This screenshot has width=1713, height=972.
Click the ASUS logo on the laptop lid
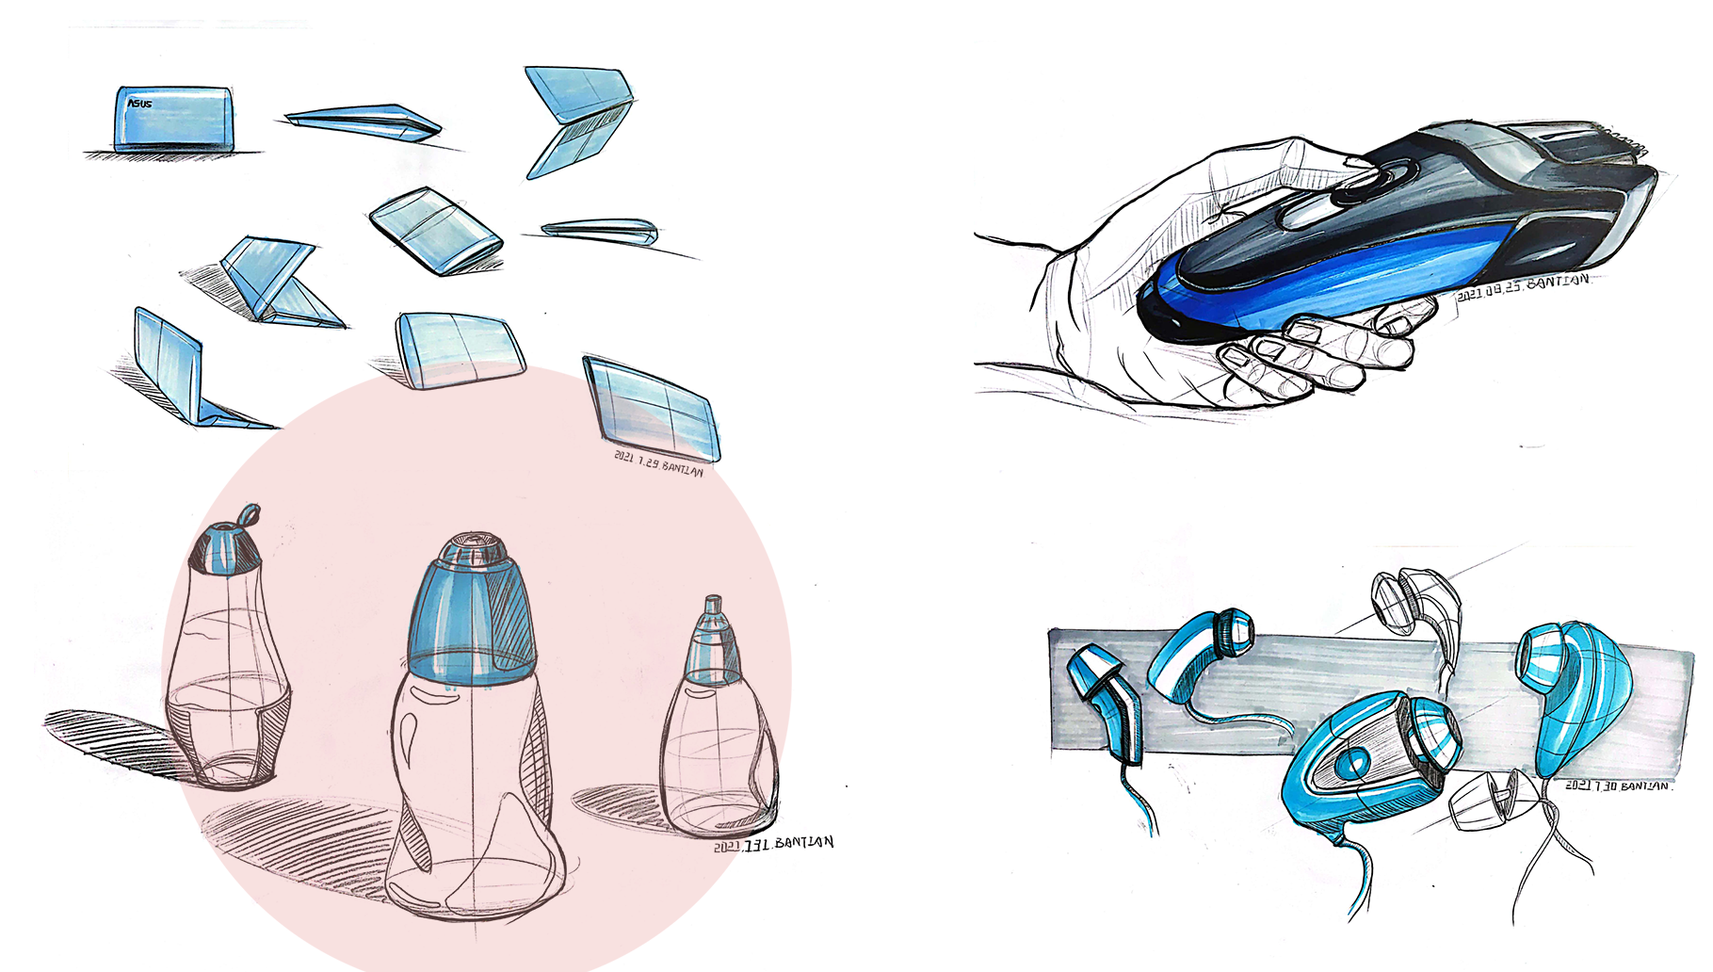pos(138,104)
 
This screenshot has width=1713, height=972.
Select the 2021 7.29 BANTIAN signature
pos(658,463)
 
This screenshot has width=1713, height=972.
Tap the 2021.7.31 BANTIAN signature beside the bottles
pos(772,844)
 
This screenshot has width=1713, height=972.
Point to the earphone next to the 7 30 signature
pos(1573,697)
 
